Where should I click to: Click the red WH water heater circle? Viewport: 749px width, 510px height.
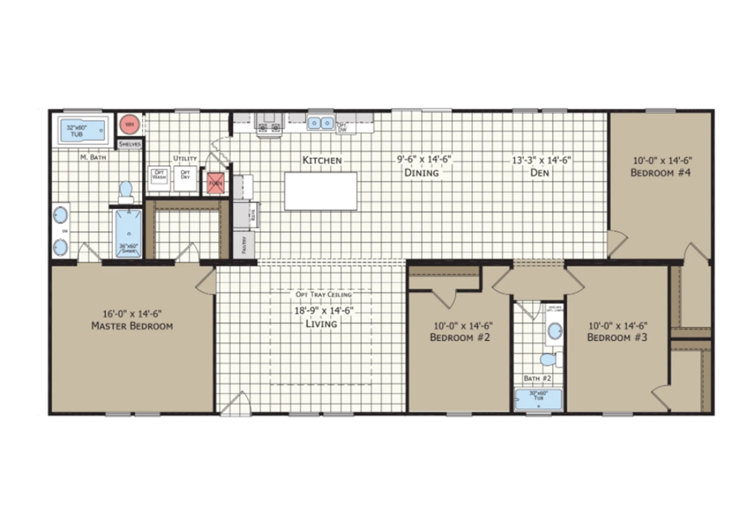129,124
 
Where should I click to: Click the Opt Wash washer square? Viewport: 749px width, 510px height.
158,175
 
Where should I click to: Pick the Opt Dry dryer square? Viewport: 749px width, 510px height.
185,175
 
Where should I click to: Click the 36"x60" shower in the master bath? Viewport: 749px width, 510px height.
127,232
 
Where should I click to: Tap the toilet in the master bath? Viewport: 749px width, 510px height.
126,191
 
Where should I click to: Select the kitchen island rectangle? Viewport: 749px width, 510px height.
321,191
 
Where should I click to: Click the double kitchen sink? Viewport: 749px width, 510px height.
321,122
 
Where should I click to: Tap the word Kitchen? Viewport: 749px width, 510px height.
321,160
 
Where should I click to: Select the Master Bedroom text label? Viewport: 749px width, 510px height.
132,325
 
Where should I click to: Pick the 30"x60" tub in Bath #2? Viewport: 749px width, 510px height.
537,399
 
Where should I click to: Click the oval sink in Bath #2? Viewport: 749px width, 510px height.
553,332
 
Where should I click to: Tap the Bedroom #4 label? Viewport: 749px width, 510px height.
659,173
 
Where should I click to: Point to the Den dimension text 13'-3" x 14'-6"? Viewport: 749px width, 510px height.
540,160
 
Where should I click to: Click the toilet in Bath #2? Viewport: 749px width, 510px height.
549,360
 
